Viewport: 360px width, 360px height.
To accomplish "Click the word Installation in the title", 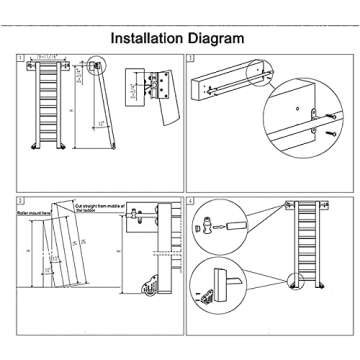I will [x=147, y=39].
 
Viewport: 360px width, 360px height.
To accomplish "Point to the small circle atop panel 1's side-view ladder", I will [x=95, y=68].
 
